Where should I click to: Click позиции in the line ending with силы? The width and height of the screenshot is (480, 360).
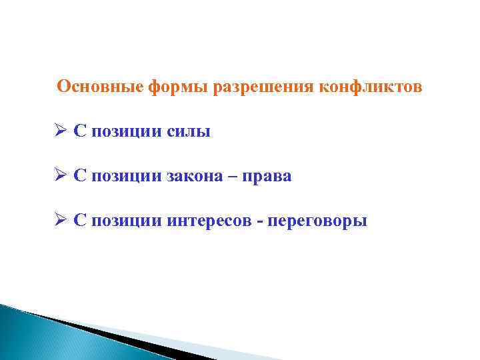(x=125, y=132)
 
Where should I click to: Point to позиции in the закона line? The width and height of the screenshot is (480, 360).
(x=125, y=177)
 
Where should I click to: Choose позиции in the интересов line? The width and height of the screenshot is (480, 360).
(x=125, y=221)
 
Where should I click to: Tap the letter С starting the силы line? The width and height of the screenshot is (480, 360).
(x=79, y=132)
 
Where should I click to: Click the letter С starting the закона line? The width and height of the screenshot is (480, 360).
(x=79, y=177)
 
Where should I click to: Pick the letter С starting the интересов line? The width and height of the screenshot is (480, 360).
(x=79, y=221)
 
